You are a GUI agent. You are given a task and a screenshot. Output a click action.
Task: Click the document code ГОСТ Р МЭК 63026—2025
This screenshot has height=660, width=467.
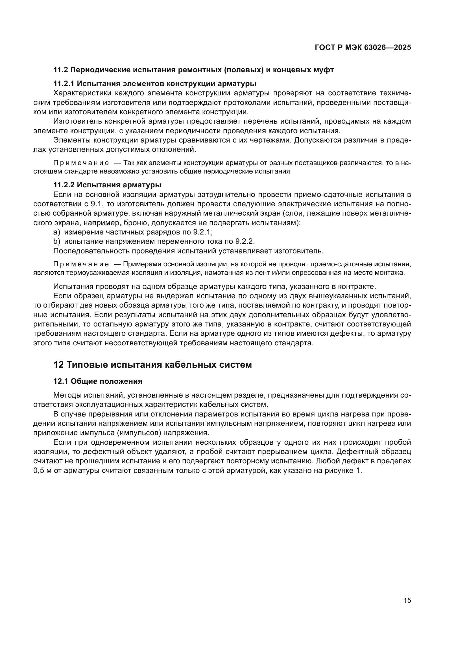click(363, 47)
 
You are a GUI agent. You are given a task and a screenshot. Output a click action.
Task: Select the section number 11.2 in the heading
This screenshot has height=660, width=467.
click(61, 70)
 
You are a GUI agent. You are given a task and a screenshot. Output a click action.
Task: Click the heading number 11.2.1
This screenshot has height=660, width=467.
click(64, 84)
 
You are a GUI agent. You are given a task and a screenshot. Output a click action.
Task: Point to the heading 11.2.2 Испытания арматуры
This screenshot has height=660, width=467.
click(107, 185)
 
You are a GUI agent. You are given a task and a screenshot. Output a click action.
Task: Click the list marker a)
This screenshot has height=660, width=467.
click(57, 232)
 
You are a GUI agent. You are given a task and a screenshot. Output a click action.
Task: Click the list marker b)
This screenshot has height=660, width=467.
click(57, 242)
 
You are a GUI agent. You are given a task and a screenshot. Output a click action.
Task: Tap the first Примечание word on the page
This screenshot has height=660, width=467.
click(81, 163)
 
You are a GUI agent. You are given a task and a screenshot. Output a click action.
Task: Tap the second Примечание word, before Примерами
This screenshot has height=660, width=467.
click(81, 264)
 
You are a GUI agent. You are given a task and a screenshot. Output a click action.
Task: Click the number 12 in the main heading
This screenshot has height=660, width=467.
click(58, 365)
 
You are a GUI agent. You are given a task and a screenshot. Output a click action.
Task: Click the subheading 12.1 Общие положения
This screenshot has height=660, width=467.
click(98, 381)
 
